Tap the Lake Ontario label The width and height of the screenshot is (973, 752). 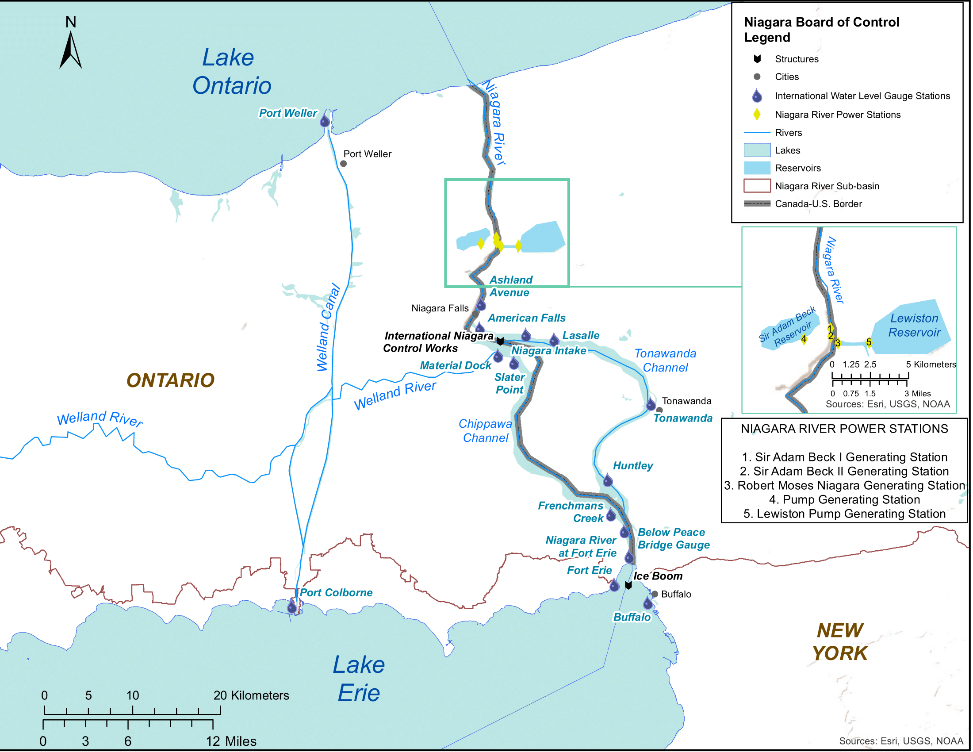pyautogui.click(x=231, y=71)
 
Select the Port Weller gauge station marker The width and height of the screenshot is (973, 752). pyautogui.click(x=325, y=121)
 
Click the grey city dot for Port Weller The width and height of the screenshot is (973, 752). pyautogui.click(x=344, y=164)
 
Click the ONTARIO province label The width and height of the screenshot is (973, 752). pyautogui.click(x=170, y=380)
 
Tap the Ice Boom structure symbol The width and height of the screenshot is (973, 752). pyautogui.click(x=628, y=585)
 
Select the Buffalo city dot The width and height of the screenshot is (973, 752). pyautogui.click(x=655, y=594)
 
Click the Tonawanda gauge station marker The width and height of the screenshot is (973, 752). pyautogui.click(x=651, y=404)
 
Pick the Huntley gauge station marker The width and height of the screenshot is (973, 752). pyautogui.click(x=608, y=480)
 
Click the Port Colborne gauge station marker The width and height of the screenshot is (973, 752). pyautogui.click(x=292, y=607)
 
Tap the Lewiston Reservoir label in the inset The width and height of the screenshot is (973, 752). pyautogui.click(x=914, y=325)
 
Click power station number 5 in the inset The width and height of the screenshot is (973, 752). pyautogui.click(x=869, y=342)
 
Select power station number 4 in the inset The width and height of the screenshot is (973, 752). pyautogui.click(x=804, y=339)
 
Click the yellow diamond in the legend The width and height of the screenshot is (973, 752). pyautogui.click(x=757, y=115)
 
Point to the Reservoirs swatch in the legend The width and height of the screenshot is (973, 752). pyautogui.click(x=757, y=168)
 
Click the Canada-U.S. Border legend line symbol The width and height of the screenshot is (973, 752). pyautogui.click(x=757, y=203)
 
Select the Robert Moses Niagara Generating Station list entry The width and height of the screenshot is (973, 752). pyautogui.click(x=844, y=485)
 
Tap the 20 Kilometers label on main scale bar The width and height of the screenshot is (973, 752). pyautogui.click(x=251, y=695)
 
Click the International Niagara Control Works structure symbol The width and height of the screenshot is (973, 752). pyautogui.click(x=500, y=341)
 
